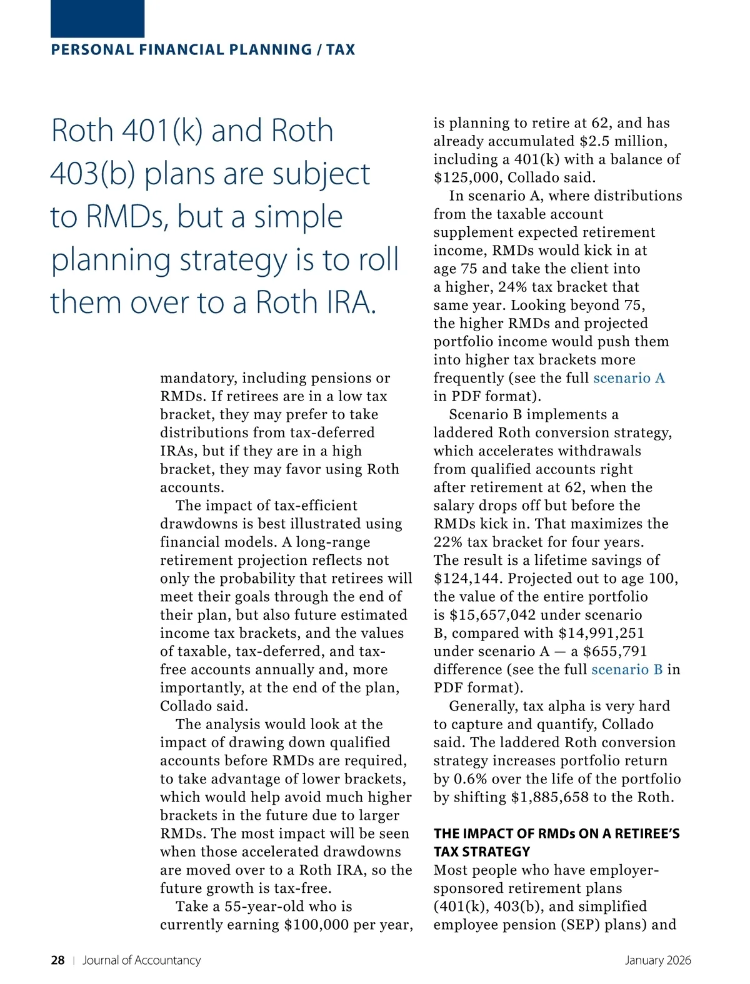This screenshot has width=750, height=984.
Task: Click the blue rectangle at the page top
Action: click(x=97, y=18)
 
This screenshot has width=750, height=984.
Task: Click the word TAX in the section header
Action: click(x=341, y=50)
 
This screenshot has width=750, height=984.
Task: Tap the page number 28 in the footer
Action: click(x=57, y=960)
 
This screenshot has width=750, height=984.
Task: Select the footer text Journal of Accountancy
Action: click(x=142, y=960)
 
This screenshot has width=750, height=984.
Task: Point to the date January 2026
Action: click(x=658, y=960)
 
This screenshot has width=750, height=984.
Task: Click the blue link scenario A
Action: click(x=629, y=378)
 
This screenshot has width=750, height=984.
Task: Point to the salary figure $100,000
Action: click(x=316, y=925)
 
